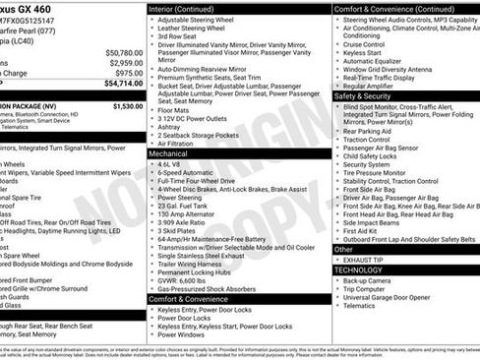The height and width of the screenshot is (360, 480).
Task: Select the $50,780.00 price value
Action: (122, 51)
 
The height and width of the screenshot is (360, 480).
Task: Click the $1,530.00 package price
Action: (127, 104)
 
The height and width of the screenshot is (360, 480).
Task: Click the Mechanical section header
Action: (169, 153)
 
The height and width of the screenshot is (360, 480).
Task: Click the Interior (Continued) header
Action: (189, 7)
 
